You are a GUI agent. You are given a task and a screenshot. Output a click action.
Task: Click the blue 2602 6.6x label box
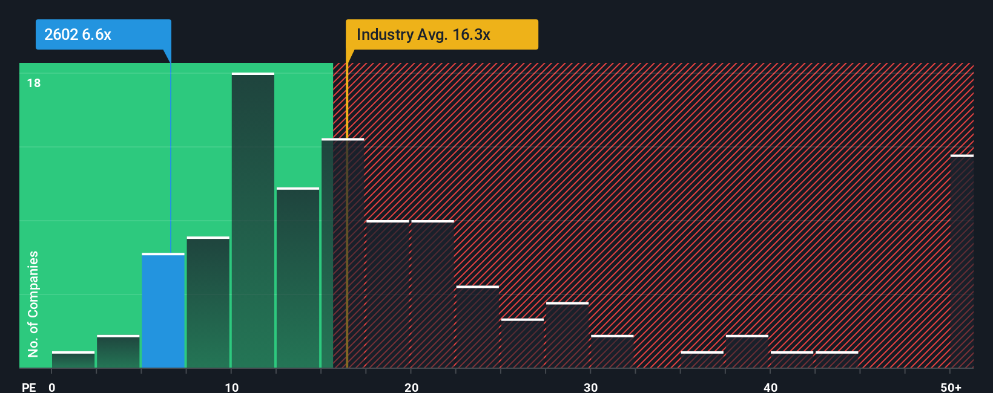(103, 34)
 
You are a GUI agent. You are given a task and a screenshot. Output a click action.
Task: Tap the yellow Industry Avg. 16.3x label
(441, 34)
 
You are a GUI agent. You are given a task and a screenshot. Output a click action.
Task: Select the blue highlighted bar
(163, 311)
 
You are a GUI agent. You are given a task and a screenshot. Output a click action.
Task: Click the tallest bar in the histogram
(253, 221)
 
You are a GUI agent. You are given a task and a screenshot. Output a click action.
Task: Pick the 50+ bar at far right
(962, 262)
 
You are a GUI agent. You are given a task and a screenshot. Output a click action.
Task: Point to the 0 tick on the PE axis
(52, 387)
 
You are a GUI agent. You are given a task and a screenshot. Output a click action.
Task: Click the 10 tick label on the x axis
(232, 387)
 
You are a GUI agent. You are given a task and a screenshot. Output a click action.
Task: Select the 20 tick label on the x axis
(411, 387)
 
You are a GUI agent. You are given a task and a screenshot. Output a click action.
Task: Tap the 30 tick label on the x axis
(590, 387)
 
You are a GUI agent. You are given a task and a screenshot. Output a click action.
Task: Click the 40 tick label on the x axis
(770, 387)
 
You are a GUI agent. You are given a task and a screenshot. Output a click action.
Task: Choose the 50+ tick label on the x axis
(951, 387)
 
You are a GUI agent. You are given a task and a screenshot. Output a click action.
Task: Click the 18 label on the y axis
(34, 83)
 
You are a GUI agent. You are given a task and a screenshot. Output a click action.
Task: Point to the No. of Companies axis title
(33, 304)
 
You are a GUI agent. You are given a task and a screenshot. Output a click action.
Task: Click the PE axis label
(28, 387)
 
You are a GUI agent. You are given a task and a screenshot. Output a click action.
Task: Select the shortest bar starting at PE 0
(73, 360)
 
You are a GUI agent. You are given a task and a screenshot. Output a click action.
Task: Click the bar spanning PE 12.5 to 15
(298, 278)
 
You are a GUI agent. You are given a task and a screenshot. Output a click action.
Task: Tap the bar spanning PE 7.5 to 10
(208, 302)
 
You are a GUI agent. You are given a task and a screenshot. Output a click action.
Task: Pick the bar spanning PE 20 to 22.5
(432, 294)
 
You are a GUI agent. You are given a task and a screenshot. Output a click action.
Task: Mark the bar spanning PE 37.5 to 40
(747, 352)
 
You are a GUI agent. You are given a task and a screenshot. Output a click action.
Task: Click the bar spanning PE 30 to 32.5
(612, 352)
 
